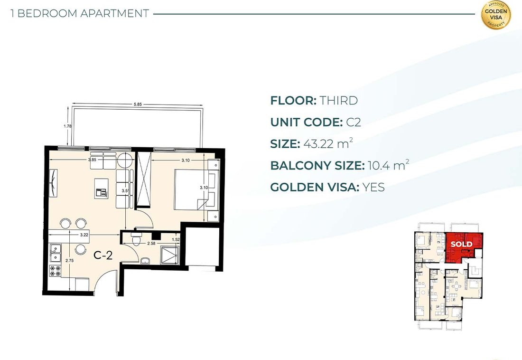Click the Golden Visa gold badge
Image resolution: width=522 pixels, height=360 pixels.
[x=496, y=15]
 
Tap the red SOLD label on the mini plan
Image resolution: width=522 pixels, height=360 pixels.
[x=461, y=244]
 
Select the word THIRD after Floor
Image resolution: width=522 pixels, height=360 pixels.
[x=338, y=100]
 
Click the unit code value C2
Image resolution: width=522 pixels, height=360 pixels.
[x=353, y=122]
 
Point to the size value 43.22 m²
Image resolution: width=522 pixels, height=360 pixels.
[x=328, y=143]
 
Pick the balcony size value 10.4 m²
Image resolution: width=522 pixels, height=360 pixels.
[x=388, y=165]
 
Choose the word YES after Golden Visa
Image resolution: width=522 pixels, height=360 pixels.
[x=373, y=187]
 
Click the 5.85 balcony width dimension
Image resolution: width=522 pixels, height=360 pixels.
[x=138, y=104]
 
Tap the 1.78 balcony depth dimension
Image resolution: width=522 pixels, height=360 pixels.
[x=67, y=126]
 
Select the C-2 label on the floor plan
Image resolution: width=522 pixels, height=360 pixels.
[x=103, y=256]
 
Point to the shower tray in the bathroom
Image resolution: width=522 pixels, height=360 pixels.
[x=170, y=256]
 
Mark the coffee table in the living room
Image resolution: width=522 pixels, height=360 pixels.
[x=101, y=189]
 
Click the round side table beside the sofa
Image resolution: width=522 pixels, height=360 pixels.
[x=125, y=160]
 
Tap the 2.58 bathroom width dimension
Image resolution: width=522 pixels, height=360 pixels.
[x=151, y=243]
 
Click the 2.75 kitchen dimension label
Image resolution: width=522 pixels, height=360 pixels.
[x=70, y=261]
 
